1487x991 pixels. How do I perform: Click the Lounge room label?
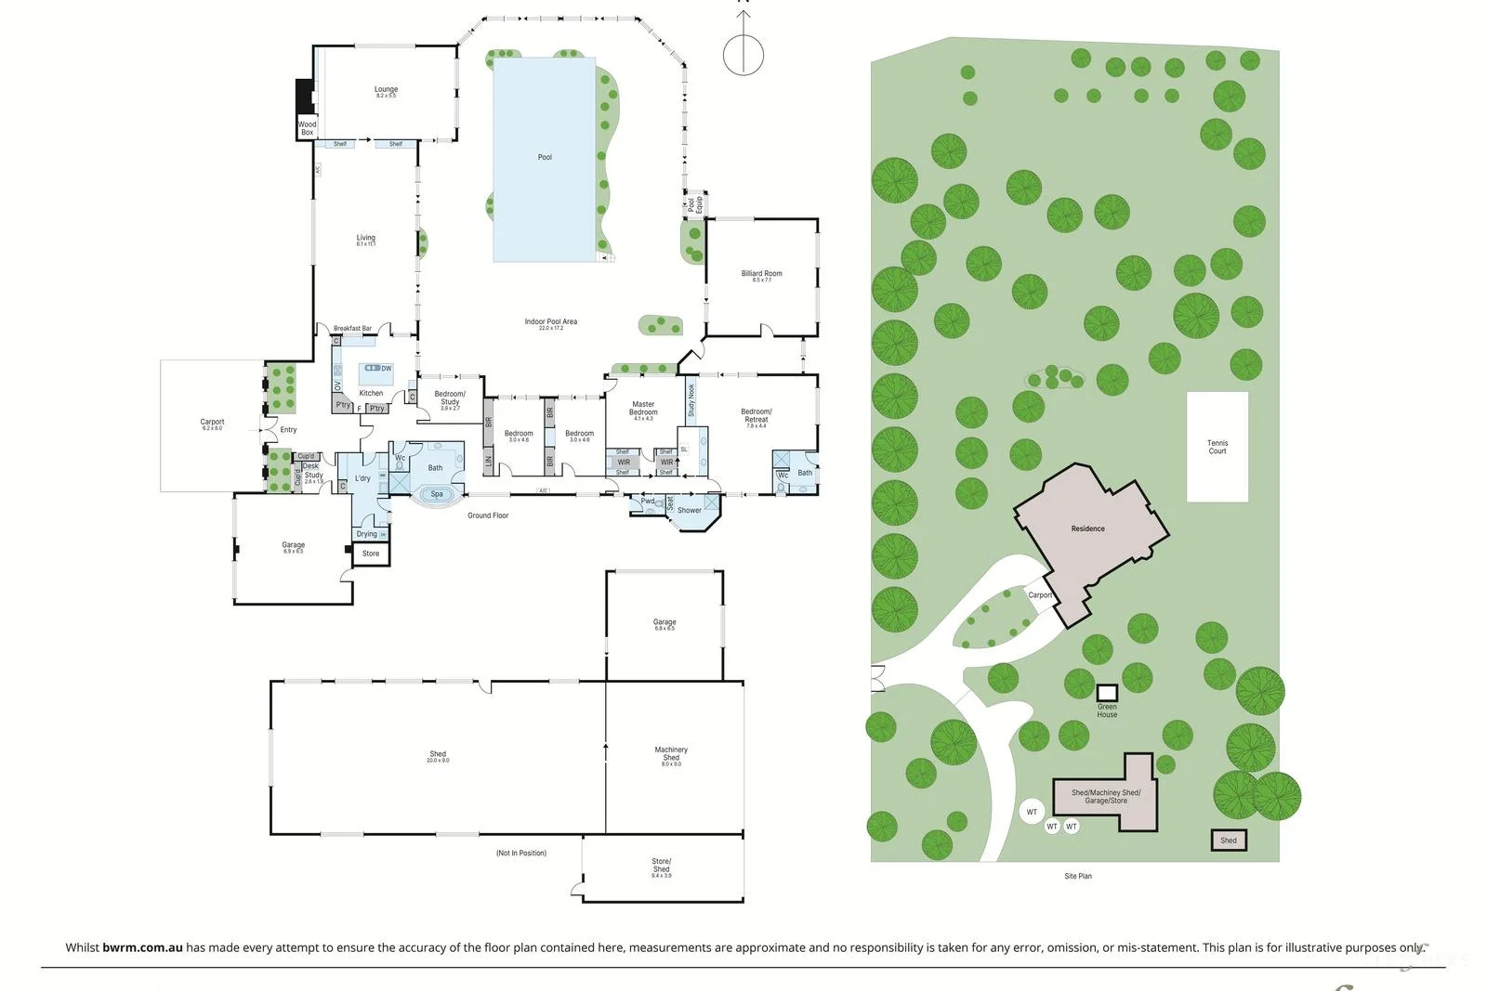tap(386, 90)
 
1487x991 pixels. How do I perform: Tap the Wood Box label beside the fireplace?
tap(307, 128)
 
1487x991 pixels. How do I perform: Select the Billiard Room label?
tap(761, 274)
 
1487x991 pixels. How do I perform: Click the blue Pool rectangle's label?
tap(545, 157)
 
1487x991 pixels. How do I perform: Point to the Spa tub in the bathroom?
tap(437, 494)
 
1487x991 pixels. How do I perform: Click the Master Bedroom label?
tap(643, 409)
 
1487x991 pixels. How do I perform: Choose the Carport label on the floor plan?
tap(212, 423)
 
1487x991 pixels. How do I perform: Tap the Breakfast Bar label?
tap(352, 329)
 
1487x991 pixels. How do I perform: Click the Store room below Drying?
tap(371, 554)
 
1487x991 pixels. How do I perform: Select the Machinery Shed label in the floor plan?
tap(671, 753)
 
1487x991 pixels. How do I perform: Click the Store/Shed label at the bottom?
tap(661, 866)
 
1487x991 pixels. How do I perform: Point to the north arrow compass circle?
tap(743, 54)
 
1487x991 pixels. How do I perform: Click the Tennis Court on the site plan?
tap(1217, 447)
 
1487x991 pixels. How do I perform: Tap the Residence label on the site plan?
tap(1087, 528)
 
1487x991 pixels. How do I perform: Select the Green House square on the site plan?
tap(1106, 693)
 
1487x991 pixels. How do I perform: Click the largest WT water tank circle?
tap(1032, 812)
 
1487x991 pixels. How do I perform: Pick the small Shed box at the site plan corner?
tap(1228, 840)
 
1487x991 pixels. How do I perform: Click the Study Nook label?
tap(691, 401)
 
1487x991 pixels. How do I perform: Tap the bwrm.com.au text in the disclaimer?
tap(142, 947)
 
